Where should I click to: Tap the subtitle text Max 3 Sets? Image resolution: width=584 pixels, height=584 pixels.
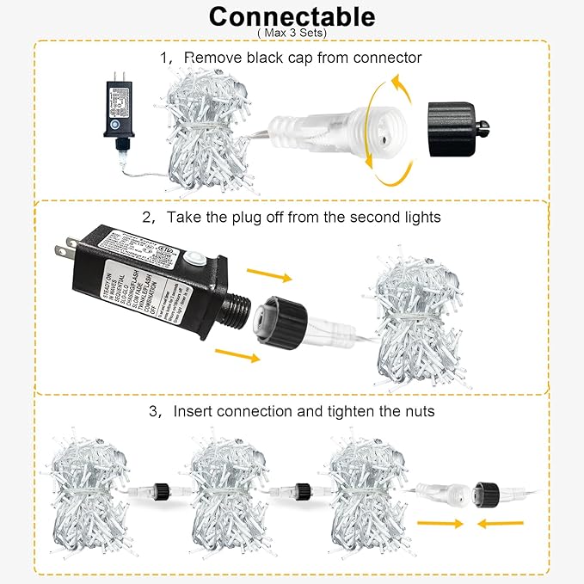(x=292, y=33)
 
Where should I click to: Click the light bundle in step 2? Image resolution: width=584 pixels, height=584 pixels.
(x=414, y=320)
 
